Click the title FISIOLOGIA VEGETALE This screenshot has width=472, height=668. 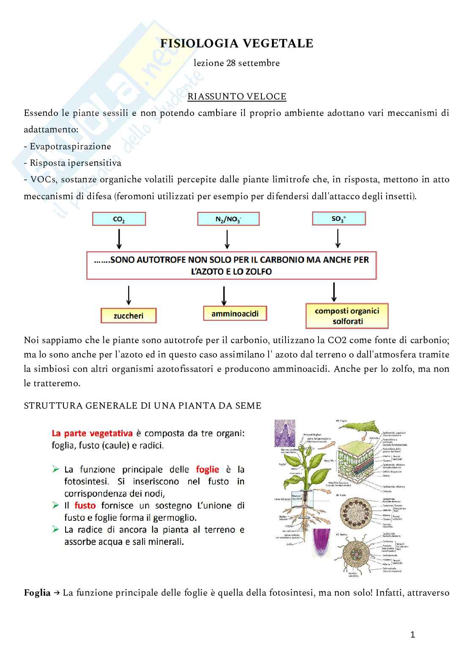click(236, 44)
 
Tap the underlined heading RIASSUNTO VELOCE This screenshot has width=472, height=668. click(237, 96)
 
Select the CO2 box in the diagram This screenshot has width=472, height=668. click(119, 219)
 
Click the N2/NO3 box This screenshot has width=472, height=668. click(228, 219)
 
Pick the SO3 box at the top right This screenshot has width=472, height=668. click(338, 219)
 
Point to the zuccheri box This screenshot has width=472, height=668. click(128, 316)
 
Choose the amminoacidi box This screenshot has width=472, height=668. click(235, 314)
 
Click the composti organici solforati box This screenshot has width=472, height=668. click(347, 316)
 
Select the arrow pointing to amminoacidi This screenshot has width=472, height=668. click(224, 295)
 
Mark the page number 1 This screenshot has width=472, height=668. click(413, 635)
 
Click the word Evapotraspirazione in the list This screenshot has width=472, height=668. click(70, 146)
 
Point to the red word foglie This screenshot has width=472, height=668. click(207, 469)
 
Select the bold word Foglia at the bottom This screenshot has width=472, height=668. click(37, 593)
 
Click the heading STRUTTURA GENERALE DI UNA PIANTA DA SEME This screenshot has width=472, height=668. click(143, 406)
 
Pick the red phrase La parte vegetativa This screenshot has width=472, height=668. click(92, 433)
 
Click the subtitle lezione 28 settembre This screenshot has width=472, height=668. click(236, 63)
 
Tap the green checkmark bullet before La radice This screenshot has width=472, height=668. click(55, 529)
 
